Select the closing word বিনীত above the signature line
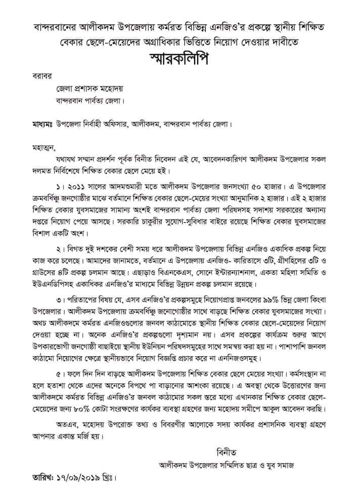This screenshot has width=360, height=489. [226, 448]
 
